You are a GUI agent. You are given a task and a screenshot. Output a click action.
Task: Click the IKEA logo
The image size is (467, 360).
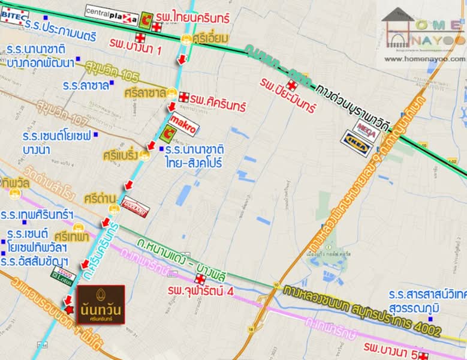[x=357, y=143]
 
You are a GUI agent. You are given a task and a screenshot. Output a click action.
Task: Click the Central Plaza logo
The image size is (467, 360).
[x=112, y=13]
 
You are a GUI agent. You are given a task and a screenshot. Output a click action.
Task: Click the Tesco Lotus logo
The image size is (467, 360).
[x=64, y=275]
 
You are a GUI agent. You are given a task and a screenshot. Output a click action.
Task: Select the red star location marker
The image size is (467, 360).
[x=70, y=309]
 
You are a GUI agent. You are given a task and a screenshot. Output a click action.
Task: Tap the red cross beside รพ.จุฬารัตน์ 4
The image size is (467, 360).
[x=200, y=279]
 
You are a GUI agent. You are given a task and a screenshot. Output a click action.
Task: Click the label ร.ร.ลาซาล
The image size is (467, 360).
[x=86, y=85]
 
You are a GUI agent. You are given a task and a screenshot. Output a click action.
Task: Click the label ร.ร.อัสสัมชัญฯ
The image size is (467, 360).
[x=35, y=262]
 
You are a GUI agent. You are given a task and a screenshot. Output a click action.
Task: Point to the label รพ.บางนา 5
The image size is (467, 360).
[x=390, y=349]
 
